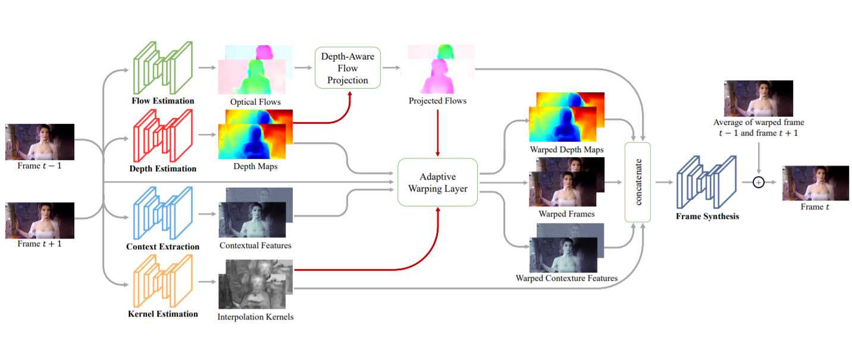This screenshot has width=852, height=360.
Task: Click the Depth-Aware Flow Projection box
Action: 347,68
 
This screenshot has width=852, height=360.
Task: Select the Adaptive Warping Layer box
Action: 437,182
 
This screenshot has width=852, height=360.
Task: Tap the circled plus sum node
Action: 758,183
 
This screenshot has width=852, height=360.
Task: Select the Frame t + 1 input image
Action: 40,220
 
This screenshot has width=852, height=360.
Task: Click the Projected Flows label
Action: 437,101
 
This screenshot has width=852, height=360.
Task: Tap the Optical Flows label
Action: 256,102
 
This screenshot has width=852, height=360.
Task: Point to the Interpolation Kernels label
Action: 255,317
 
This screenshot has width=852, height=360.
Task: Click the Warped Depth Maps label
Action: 566,149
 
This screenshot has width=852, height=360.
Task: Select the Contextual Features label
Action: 255,245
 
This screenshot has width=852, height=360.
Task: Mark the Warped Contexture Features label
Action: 566,278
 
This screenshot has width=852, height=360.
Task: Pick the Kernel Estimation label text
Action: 162,314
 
